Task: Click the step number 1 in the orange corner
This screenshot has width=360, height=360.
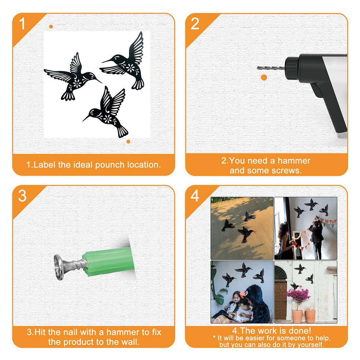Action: pyautogui.click(x=22, y=24)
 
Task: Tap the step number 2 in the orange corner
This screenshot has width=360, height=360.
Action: pyautogui.click(x=195, y=24)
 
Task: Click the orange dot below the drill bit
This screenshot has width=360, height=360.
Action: pyautogui.click(x=264, y=78)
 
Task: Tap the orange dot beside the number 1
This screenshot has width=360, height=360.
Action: pyautogui.click(x=51, y=27)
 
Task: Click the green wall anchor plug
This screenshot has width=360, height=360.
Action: pyautogui.click(x=108, y=261)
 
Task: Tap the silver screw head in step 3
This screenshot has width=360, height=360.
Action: pyautogui.click(x=59, y=267)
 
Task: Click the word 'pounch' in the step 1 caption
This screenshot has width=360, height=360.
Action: pyautogui.click(x=110, y=165)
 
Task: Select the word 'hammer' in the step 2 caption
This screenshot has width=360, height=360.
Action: pyautogui.click(x=294, y=161)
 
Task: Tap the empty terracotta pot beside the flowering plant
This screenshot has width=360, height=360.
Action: pyautogui.click(x=310, y=316)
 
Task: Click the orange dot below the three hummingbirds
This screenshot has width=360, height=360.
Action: pyautogui.click(x=128, y=142)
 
